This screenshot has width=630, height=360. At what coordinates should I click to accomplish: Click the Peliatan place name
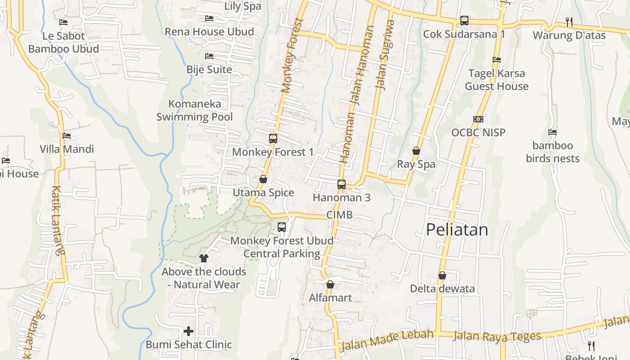click(457, 230)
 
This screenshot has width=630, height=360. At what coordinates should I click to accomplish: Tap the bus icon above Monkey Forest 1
click(273, 138)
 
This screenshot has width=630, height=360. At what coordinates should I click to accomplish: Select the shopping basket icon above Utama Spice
click(263, 179)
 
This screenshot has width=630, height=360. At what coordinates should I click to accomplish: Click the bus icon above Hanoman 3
click(342, 184)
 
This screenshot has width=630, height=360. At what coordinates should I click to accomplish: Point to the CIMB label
click(339, 215)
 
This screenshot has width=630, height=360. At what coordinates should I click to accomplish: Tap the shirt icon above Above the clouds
click(204, 258)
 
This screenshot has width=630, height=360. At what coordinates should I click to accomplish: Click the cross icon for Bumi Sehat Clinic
click(189, 332)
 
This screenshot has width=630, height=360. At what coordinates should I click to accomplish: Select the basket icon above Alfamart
click(330, 284)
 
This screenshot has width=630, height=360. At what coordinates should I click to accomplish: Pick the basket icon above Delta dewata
click(442, 275)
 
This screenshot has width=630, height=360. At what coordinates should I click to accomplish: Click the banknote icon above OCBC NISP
click(478, 119)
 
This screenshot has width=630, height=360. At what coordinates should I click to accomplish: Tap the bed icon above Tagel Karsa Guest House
click(497, 59)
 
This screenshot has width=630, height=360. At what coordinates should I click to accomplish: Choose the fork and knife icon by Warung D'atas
click(569, 21)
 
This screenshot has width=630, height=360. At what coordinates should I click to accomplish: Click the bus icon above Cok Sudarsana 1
click(464, 21)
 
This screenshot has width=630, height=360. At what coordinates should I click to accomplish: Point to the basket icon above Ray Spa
click(416, 151)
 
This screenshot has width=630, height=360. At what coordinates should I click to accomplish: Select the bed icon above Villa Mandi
click(67, 135)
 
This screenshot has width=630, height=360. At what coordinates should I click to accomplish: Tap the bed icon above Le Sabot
click(63, 22)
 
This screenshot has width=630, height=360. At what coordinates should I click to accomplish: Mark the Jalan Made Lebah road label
click(387, 340)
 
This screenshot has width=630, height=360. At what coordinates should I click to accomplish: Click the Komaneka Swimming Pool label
click(194, 110)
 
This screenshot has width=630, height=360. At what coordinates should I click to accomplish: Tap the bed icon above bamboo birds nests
click(553, 132)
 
